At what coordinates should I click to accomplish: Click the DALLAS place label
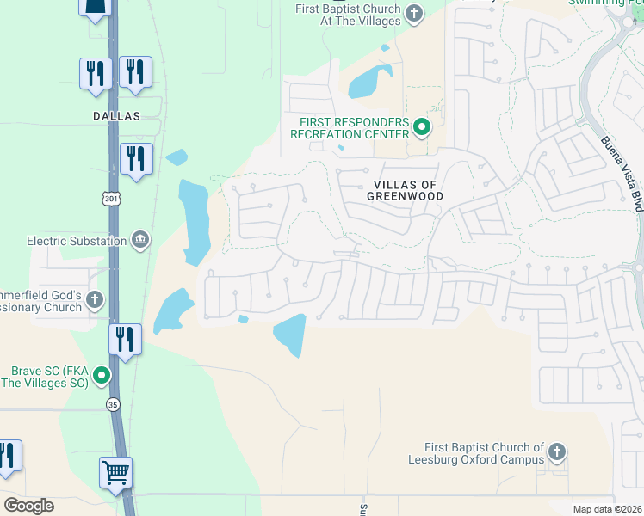[x=115, y=115]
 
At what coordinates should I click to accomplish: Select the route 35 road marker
[x=113, y=403]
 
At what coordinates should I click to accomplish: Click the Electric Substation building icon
[x=139, y=240]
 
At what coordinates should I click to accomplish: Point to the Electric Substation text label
[x=77, y=241]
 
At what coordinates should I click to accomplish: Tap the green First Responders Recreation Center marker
[x=422, y=128]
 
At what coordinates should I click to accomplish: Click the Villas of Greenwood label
[x=409, y=190]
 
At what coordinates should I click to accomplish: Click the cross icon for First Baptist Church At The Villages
[x=414, y=13]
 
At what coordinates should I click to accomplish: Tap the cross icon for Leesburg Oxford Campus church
[x=557, y=451]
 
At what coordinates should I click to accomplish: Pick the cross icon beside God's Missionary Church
[x=95, y=301]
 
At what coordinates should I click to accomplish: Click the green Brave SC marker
[x=102, y=376]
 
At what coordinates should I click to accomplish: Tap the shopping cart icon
[x=115, y=472]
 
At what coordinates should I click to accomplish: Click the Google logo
[x=28, y=506]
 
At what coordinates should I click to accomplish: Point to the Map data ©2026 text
[x=606, y=509]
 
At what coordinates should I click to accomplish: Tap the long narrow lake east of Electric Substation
[x=195, y=220]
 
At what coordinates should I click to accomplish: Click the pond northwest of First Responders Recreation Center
[x=368, y=82]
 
